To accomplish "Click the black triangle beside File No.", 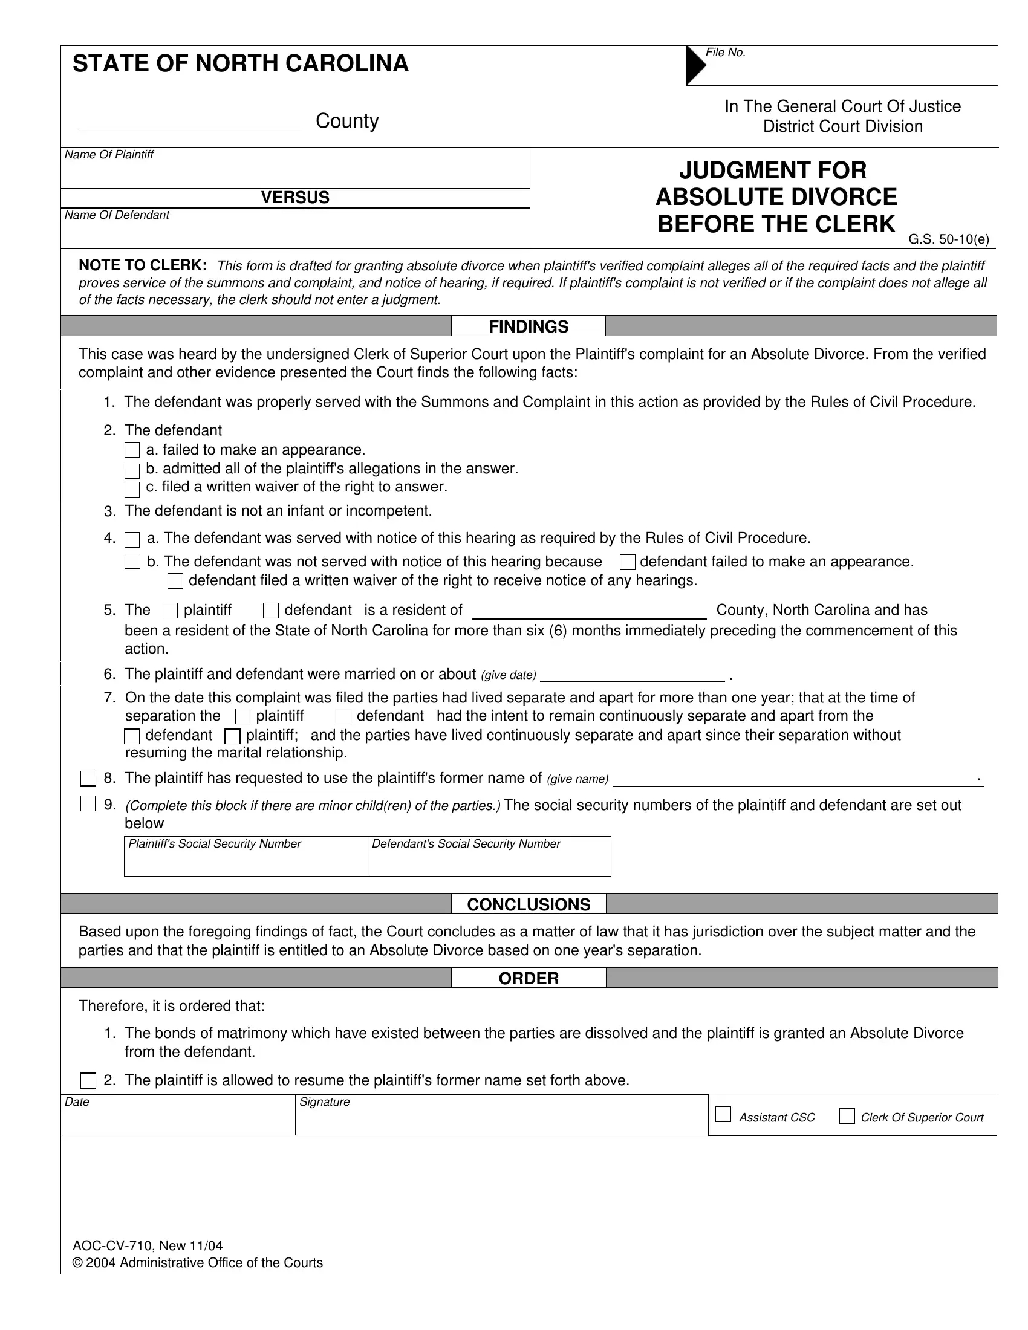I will (x=694, y=65).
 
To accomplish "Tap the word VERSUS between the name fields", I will (x=294, y=198).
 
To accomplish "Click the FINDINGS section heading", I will (x=528, y=327).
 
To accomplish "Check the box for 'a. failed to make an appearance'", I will (x=132, y=450).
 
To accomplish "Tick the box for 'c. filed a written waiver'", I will (x=132, y=489).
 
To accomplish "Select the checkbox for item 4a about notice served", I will (x=132, y=539).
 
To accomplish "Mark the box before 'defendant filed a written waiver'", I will (x=175, y=581).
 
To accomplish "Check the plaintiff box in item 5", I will (x=171, y=611).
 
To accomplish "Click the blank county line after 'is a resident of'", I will (x=590, y=611).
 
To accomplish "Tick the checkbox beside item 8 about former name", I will (x=89, y=778).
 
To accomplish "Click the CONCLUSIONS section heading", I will (x=528, y=904).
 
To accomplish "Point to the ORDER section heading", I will (x=528, y=978).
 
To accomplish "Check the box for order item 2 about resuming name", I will (x=89, y=1081).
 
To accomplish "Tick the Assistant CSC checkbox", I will (x=723, y=1114).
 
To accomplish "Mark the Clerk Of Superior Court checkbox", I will (x=847, y=1116).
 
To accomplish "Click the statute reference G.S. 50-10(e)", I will (x=948, y=240).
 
